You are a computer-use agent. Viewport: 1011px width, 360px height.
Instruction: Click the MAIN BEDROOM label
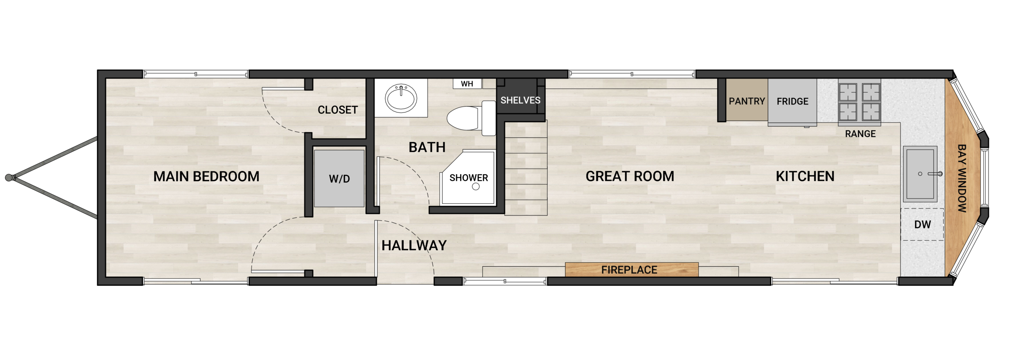coord(206,176)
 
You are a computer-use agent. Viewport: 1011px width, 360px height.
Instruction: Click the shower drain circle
coord(476,187)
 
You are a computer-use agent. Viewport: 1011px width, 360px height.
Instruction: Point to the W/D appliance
coord(339,178)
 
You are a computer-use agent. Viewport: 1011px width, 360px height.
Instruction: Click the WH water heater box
coord(467,84)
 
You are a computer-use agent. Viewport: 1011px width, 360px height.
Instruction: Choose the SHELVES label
coord(520,100)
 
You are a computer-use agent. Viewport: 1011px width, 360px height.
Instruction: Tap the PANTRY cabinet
coord(747,101)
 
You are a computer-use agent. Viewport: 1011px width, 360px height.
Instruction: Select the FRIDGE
coord(792,101)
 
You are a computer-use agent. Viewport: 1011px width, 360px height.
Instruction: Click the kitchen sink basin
coord(920,174)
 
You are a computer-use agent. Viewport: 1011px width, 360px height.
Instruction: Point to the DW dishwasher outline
coord(922,224)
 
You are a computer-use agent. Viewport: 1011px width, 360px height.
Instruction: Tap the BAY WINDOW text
coord(962,178)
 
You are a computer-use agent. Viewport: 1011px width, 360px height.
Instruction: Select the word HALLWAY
coord(414,246)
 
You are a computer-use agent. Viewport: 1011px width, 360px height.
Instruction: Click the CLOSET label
coord(338,110)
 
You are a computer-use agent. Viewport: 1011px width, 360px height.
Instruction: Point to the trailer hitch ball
coord(9,178)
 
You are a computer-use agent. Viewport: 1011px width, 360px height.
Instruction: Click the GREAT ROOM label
coord(630,176)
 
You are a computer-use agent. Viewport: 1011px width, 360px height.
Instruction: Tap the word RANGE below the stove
coord(860,134)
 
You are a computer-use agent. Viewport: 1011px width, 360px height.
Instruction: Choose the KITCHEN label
coord(805,176)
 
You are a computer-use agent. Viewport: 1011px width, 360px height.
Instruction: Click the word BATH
coord(427,147)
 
